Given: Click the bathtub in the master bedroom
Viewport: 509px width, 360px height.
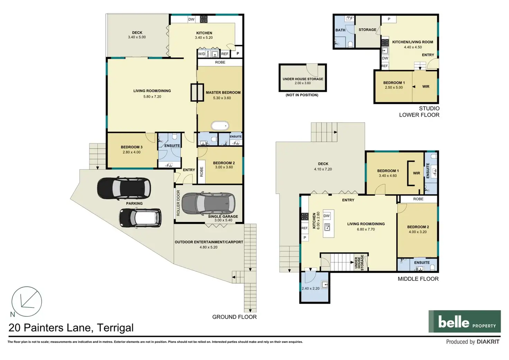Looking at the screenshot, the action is pos(220,126).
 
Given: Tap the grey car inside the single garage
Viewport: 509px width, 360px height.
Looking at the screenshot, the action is pos(209,203).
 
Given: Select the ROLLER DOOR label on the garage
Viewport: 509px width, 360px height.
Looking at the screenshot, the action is pos(178,203).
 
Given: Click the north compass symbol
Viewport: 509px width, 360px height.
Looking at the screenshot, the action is pos(27,302).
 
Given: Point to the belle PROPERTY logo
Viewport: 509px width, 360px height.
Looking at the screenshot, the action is pos(465,321).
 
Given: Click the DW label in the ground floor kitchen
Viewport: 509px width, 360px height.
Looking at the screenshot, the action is pos(191,19).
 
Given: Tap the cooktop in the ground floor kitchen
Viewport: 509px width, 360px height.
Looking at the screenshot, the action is pos(204,19).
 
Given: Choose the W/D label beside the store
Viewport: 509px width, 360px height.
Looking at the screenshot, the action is pos(202,54).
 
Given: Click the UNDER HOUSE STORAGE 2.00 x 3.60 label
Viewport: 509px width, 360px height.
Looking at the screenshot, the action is pos(303,81).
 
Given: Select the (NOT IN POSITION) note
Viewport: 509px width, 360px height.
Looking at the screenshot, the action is pos(302,95).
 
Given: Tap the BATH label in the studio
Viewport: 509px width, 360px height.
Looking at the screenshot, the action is pos(340,30).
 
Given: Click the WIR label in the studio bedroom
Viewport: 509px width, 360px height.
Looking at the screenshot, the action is pos(426,86).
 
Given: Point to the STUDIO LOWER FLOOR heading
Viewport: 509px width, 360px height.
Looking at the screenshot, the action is pos(419,112).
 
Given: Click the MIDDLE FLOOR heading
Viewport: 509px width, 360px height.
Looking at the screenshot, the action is pos(418,279).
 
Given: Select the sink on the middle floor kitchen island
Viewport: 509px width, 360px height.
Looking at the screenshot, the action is pos(327,227).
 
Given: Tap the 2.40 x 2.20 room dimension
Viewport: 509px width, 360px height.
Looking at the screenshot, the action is pos(311,288).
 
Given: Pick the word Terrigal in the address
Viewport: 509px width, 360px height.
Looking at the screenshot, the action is pos(115,328).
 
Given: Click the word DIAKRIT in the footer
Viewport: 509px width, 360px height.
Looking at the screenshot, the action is pos(488,342).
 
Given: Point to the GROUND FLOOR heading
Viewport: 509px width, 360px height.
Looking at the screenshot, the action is pos(234,317).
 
